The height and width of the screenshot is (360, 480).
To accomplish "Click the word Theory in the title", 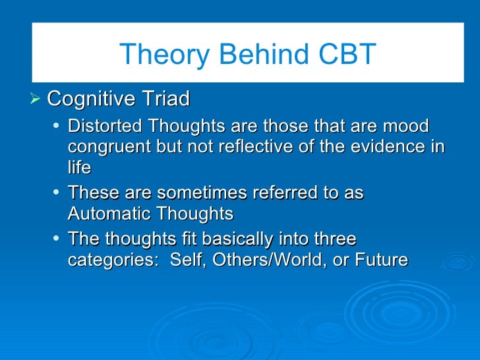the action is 164,55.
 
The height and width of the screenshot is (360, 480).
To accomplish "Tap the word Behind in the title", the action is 264,53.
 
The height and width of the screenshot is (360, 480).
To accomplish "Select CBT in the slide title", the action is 347,53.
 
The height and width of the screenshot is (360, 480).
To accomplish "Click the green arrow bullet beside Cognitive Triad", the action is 35,99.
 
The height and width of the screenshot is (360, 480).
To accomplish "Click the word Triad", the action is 166,99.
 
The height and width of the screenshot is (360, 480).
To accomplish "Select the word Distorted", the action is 105,125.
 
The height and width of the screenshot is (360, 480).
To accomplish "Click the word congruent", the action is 109,147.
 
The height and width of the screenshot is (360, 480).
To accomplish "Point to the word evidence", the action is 388,146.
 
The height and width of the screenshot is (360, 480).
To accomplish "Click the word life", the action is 80,167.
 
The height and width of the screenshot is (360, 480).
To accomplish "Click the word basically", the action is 237,239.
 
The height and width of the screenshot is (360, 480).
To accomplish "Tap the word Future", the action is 381,259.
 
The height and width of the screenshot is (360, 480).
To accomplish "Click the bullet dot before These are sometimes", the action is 55,192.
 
